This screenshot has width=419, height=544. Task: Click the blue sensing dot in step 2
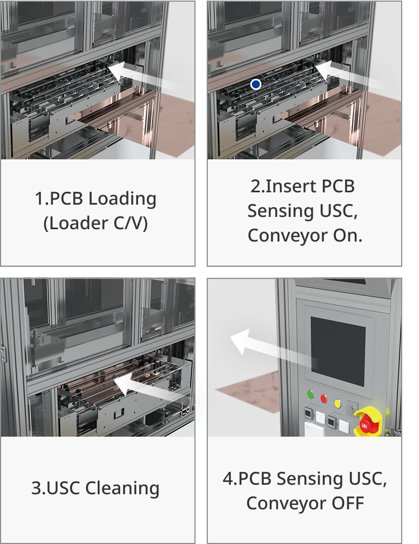tap(255, 84)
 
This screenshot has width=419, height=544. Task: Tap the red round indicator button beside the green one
tap(323, 399)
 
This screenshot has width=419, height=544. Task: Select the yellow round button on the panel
tap(337, 402)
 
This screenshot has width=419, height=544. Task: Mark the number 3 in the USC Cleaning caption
tap(35, 488)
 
